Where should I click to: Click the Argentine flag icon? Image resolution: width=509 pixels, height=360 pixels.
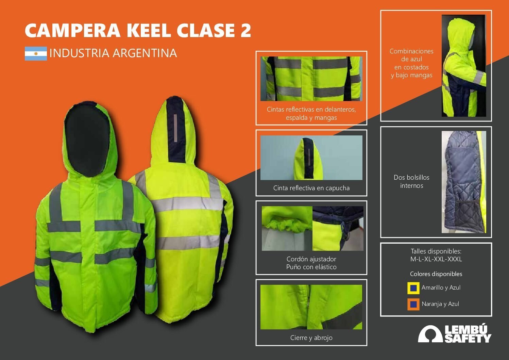36,54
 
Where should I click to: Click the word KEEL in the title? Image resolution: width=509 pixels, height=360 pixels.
149,30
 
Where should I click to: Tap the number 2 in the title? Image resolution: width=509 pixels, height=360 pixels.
245,30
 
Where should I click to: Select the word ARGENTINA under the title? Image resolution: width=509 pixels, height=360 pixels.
145,53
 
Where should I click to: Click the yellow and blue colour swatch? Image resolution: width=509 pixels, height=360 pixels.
413,288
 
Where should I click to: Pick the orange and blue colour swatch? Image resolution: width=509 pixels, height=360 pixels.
413,304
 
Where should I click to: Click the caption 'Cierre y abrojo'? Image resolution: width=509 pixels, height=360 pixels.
311,338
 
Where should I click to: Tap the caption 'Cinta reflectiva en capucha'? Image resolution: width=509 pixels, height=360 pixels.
311,188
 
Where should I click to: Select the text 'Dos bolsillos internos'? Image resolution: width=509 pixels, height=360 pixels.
411,181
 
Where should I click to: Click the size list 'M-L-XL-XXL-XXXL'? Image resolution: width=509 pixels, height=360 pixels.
436,259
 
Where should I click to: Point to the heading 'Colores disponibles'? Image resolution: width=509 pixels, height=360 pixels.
436,274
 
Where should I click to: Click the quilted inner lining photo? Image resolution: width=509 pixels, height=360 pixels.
464,182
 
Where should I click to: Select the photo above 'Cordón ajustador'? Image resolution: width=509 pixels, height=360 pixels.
312,228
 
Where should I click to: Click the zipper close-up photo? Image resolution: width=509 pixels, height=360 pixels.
311,307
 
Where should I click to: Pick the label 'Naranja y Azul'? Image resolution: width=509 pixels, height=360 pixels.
440,304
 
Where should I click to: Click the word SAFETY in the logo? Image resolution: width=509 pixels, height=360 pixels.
468,338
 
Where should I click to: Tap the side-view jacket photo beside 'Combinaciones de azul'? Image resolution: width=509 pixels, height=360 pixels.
464,66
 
